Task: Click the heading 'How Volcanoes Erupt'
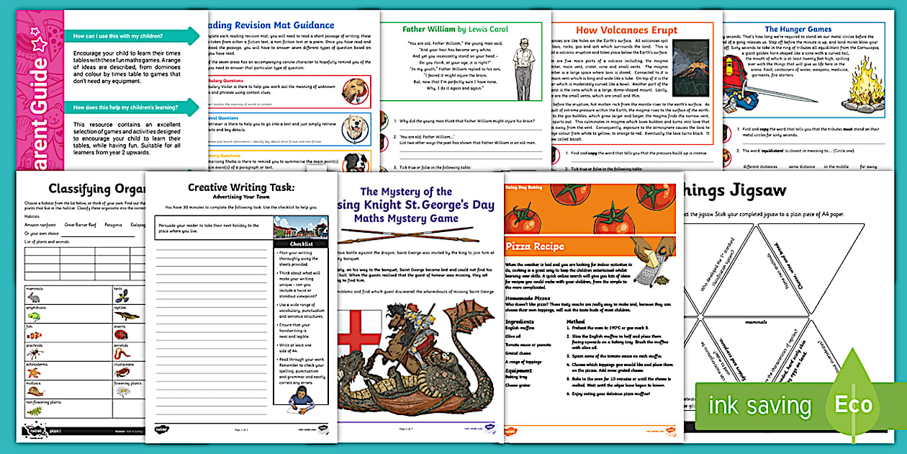(x=626, y=31)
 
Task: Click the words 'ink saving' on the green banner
(x=759, y=406)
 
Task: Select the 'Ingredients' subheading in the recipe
(x=520, y=321)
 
